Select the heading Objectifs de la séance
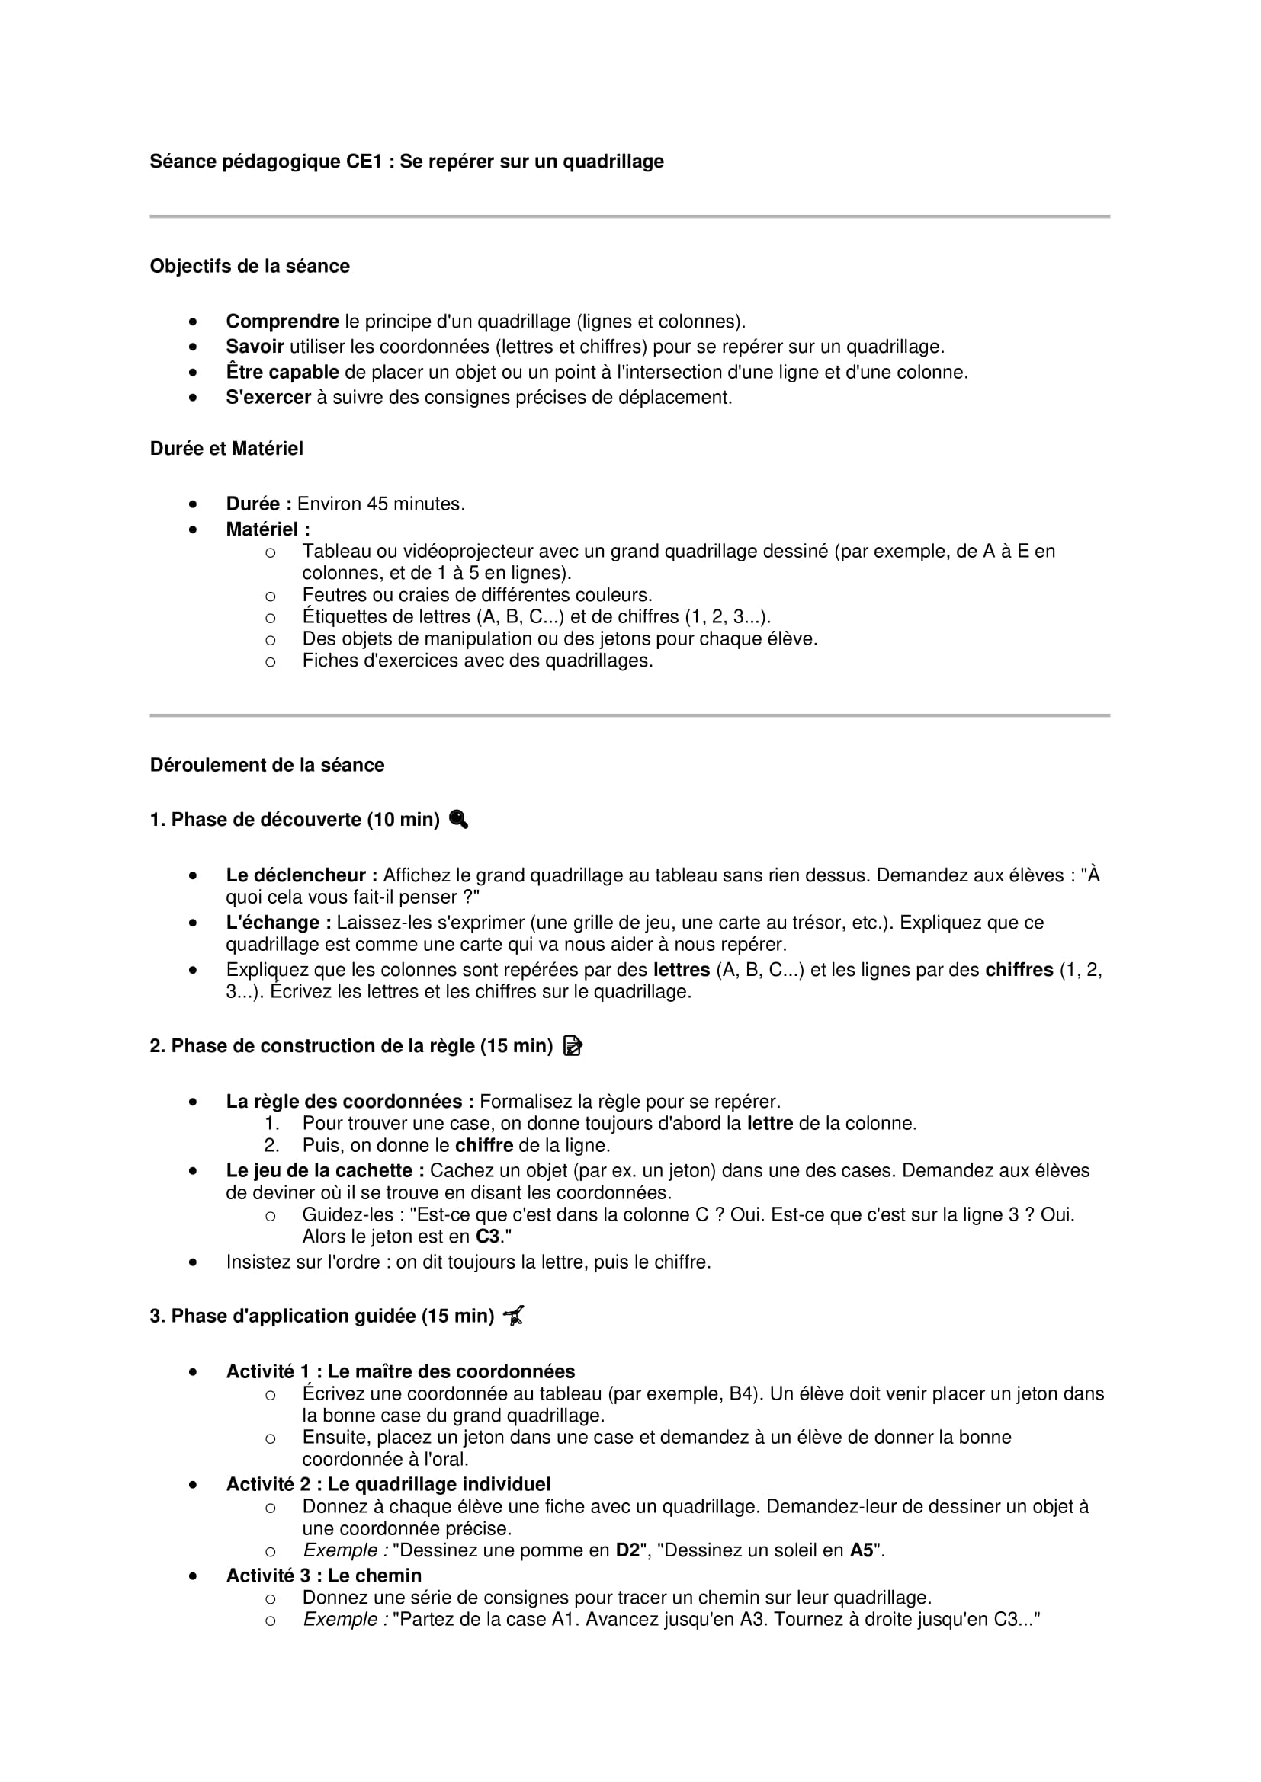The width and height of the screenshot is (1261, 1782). (249, 266)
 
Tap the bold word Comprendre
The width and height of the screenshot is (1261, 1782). (282, 322)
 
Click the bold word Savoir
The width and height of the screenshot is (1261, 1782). (255, 347)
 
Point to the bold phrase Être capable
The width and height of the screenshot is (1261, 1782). (282, 372)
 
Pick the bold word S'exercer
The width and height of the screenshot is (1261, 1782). (268, 398)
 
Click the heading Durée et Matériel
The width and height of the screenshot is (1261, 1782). (226, 449)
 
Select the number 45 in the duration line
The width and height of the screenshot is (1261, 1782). (377, 504)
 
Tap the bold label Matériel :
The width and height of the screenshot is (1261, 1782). (267, 529)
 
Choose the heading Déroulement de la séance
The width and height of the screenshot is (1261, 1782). (266, 765)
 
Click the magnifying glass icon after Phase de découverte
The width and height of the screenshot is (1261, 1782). (459, 820)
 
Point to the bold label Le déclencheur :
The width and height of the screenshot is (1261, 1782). (301, 875)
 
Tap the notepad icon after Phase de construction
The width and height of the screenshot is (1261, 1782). (573, 1046)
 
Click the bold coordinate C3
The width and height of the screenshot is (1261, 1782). (488, 1237)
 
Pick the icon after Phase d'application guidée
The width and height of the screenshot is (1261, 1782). (514, 1316)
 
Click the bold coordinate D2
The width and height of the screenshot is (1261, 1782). (627, 1550)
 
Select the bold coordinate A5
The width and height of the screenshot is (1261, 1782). (861, 1550)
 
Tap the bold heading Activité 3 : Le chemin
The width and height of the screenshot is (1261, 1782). (323, 1576)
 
